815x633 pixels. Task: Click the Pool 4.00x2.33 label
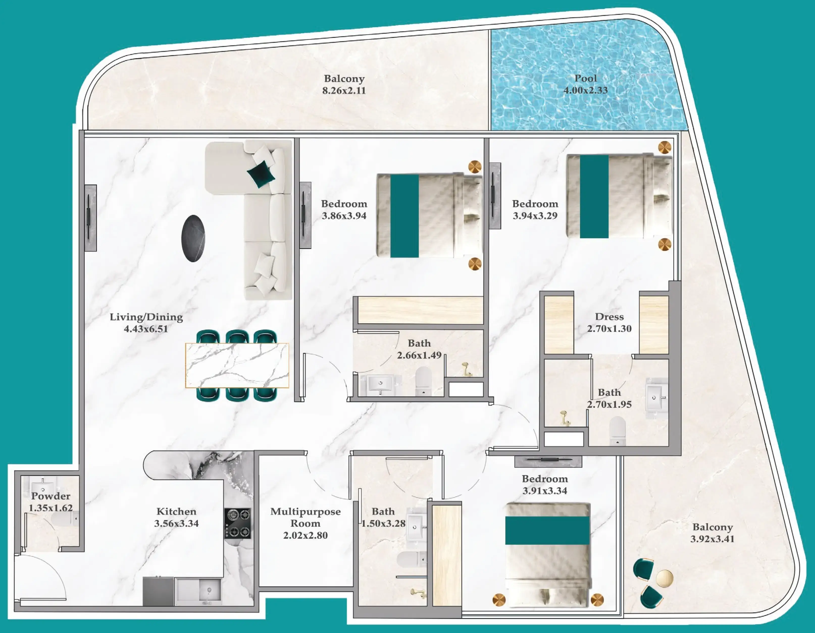tap(585, 84)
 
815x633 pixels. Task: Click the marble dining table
tap(237, 366)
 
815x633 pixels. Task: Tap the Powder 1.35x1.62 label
tap(51, 502)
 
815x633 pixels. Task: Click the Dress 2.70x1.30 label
tap(609, 323)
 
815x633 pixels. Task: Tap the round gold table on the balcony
tap(664, 578)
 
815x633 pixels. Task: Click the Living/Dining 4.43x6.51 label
tap(146, 323)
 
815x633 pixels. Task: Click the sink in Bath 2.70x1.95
tap(656, 398)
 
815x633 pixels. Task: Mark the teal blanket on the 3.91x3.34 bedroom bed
tap(547, 530)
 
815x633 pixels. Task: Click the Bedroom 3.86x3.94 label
tap(344, 210)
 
